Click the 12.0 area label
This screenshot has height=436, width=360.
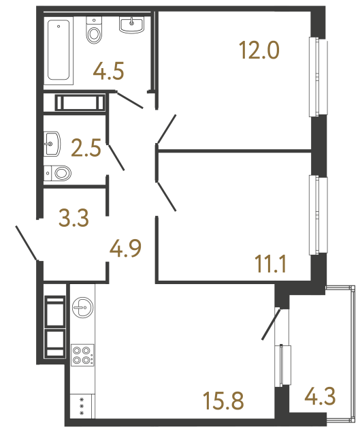coord(259,50)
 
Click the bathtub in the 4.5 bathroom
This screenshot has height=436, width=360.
coord(59,51)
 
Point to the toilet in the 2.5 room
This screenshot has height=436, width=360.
coord(60,173)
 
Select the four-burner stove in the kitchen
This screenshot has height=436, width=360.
coord(82,356)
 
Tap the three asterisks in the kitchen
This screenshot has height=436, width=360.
coord(82,406)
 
